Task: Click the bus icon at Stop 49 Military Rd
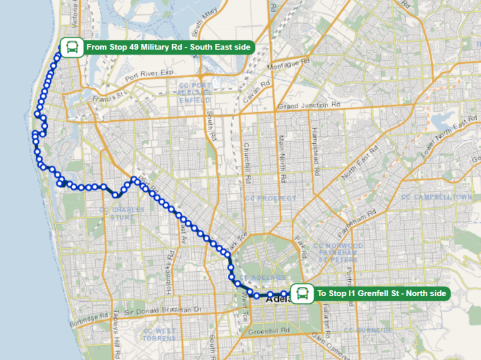coord(71,47)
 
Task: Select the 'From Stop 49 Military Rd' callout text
coord(168,47)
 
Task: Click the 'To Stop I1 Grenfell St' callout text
coord(382,293)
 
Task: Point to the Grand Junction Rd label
coord(309,106)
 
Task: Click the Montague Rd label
coord(288,63)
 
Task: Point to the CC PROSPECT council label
coord(271,198)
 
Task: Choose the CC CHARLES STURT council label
coord(122,214)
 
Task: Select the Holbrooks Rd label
coord(168,262)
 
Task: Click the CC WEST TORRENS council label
coord(159,334)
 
